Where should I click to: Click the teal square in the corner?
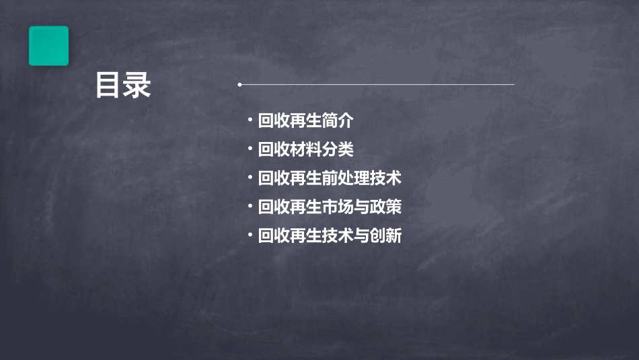pyautogui.click(x=48, y=46)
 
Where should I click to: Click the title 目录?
pyautogui.click(x=122, y=85)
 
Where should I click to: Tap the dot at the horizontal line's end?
pyautogui.click(x=239, y=85)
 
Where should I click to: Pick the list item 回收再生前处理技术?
pyautogui.click(x=330, y=179)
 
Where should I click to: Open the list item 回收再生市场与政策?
pyautogui.click(x=330, y=207)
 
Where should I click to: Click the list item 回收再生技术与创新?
pyautogui.click(x=330, y=236)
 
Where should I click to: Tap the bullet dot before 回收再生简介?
pyautogui.click(x=250, y=121)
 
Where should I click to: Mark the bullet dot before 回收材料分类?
pyautogui.click(x=250, y=149)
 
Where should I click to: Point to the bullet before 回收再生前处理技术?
pyautogui.click(x=250, y=178)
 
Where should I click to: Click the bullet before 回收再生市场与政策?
pyautogui.click(x=250, y=207)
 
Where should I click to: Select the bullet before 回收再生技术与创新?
pyautogui.click(x=250, y=236)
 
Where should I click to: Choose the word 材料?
pyautogui.click(x=305, y=150)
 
